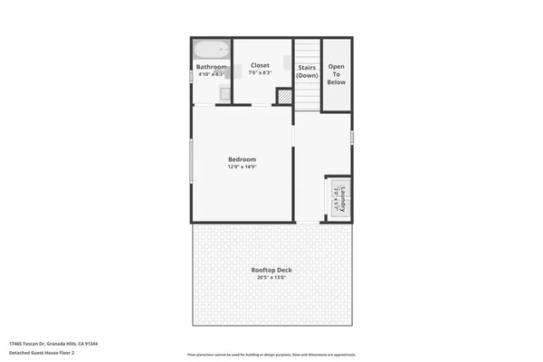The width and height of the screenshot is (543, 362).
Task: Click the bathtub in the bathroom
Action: pos(210,50)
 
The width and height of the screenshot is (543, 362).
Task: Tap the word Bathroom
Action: pos(211,67)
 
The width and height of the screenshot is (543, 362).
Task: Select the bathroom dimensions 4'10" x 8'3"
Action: pos(211,73)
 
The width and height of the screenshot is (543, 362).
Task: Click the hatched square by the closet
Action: pos(283,94)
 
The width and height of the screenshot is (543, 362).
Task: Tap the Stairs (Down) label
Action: pos(307,71)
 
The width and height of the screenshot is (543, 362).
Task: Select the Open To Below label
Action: pos(337,74)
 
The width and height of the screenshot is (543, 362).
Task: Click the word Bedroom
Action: pos(242,159)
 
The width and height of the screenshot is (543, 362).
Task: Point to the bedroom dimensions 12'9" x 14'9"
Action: pos(242,167)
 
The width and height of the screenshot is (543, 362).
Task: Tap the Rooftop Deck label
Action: pos(271,271)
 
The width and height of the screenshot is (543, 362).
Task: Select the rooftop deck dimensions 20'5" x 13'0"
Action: pos(271,278)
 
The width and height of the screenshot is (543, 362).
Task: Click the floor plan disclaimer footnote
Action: pos(271,353)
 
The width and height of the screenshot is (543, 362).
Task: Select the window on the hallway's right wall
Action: pos(352,138)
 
